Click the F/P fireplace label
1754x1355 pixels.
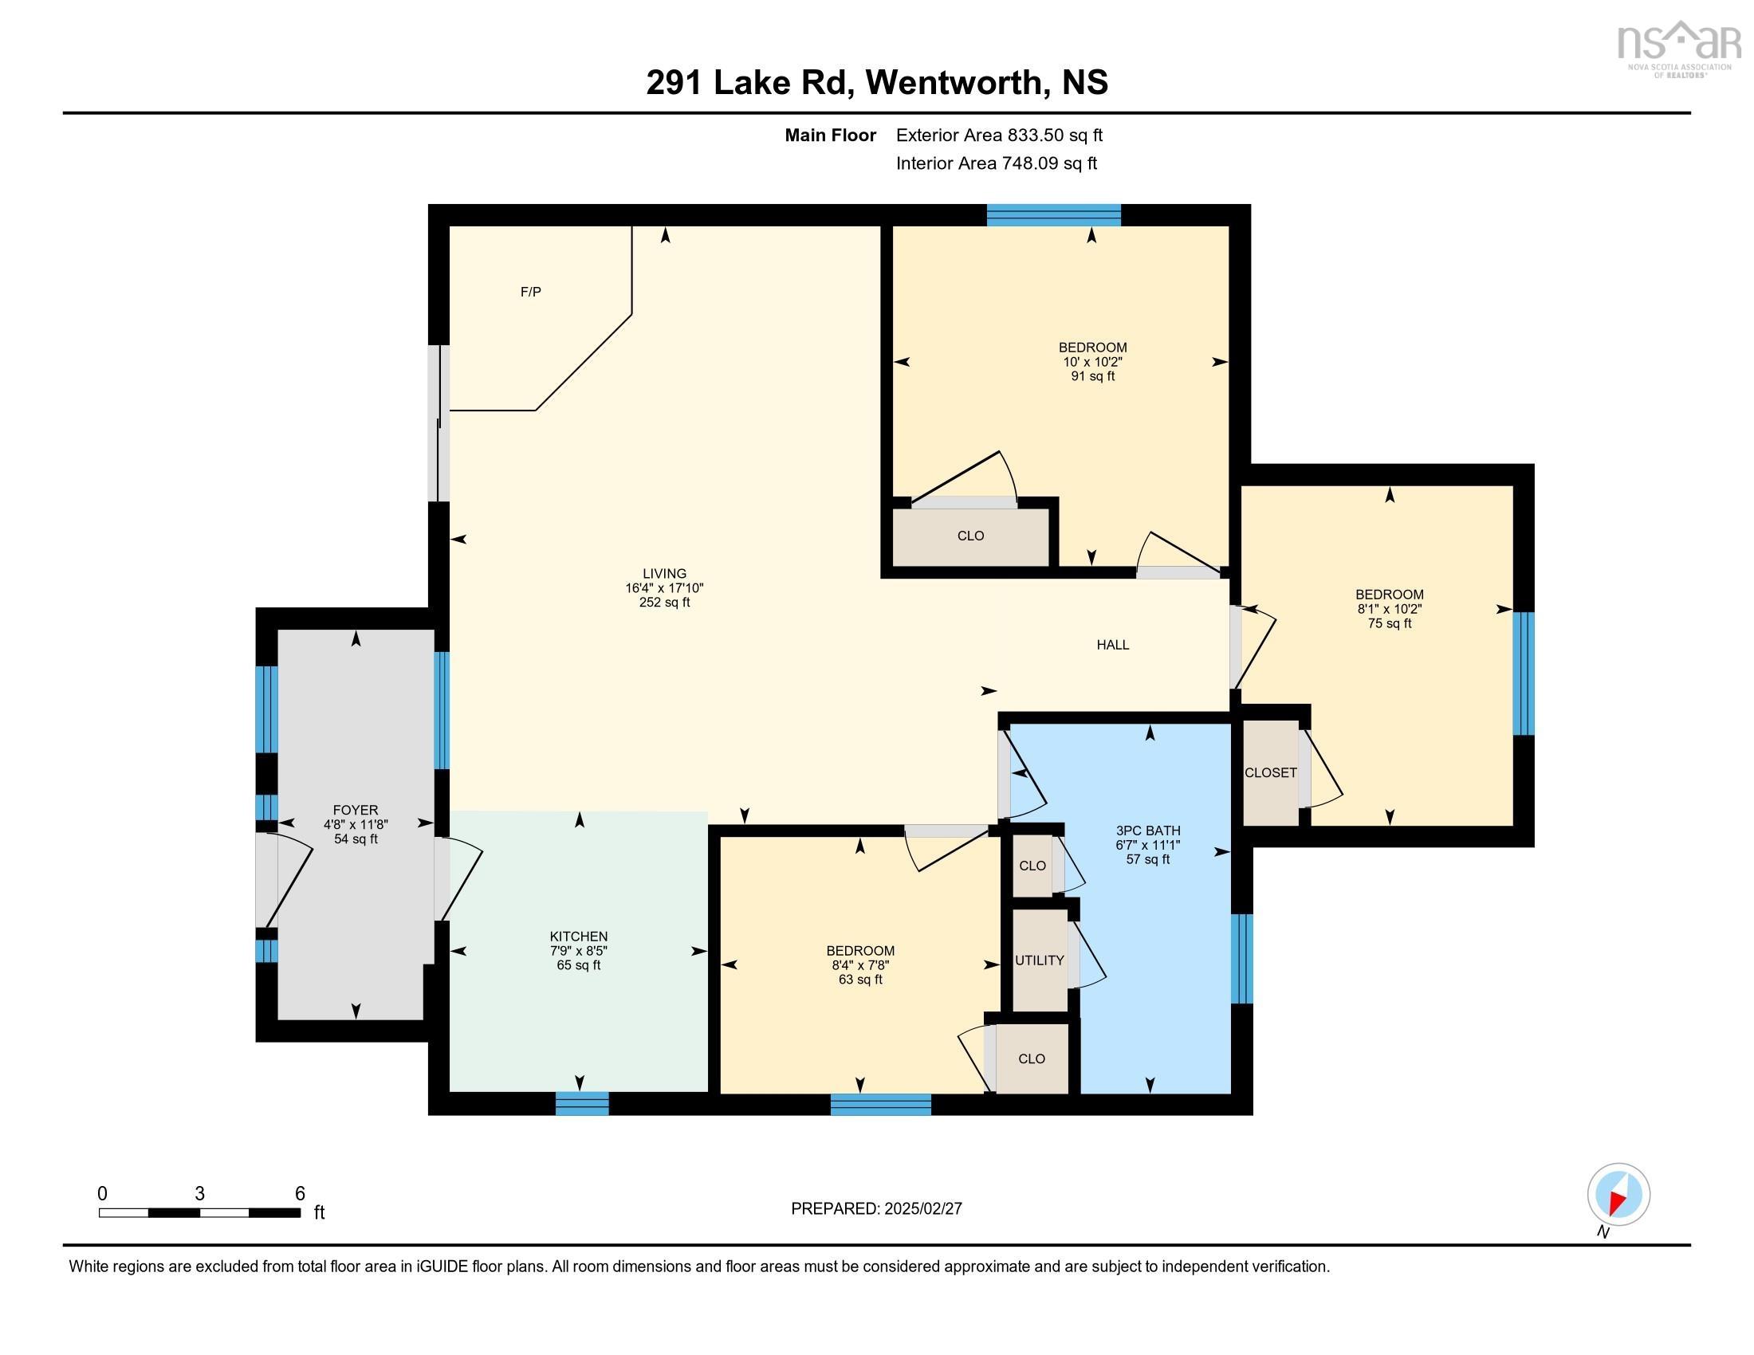[531, 293]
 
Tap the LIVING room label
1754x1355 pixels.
[664, 574]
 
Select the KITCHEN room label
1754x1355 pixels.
[578, 937]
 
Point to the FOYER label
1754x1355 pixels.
[355, 811]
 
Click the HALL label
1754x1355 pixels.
[1113, 645]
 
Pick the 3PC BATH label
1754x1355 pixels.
[1147, 831]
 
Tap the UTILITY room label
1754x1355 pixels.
[1039, 961]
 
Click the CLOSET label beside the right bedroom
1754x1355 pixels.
[1271, 773]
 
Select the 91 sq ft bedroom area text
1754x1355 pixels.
[1092, 376]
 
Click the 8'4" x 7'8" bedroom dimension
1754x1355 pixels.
[860, 966]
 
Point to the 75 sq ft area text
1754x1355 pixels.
[1390, 624]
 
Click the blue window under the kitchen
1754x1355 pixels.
[582, 1104]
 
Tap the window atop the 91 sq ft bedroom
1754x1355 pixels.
[1054, 215]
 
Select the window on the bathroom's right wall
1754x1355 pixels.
[1241, 958]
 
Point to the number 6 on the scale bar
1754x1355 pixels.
[300, 1194]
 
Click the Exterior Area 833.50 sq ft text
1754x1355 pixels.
[999, 135]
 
